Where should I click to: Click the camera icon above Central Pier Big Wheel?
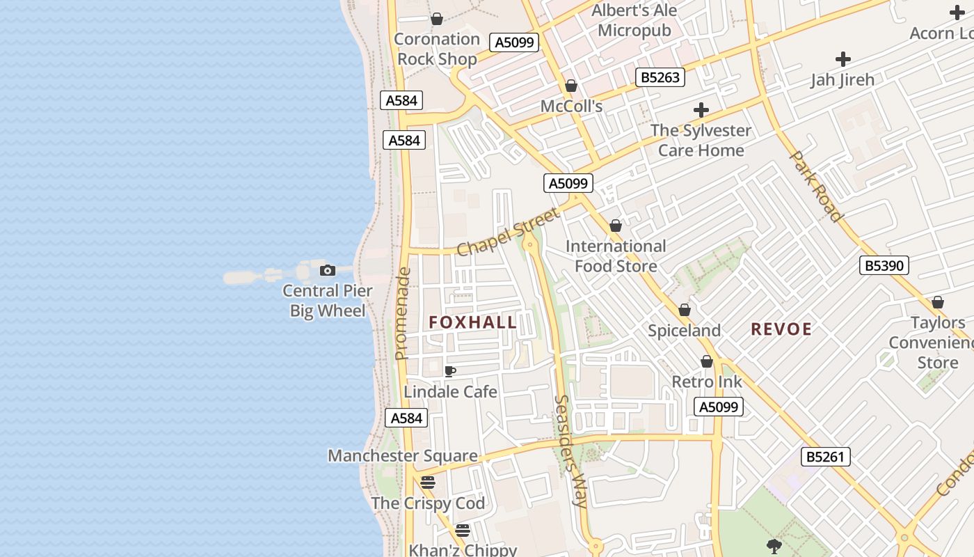[328, 271]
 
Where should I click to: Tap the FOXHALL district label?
[473, 322]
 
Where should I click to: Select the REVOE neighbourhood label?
[781, 329]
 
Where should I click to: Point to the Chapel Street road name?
[508, 232]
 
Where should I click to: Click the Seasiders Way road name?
[573, 451]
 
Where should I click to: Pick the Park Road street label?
[815, 186]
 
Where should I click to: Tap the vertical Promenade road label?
[402, 313]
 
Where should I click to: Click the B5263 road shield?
[660, 77]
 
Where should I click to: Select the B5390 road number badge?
[884, 265]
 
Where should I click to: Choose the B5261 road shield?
[825, 457]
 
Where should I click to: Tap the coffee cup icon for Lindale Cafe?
[450, 371]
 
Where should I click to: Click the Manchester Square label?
[403, 456]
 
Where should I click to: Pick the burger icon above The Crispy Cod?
[428, 483]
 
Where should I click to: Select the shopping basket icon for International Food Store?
[616, 226]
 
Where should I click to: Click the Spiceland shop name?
[684, 331]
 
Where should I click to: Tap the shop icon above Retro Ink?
[707, 361]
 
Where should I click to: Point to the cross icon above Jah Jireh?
[843, 59]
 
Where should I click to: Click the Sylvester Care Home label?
[701, 140]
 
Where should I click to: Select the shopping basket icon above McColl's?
[571, 86]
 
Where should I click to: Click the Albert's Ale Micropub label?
[634, 20]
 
